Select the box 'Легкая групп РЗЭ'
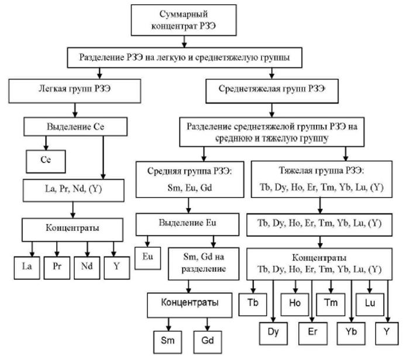point(74,90)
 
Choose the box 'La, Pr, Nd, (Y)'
point(73,190)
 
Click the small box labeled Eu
point(147,257)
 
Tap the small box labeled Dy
point(274,333)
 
